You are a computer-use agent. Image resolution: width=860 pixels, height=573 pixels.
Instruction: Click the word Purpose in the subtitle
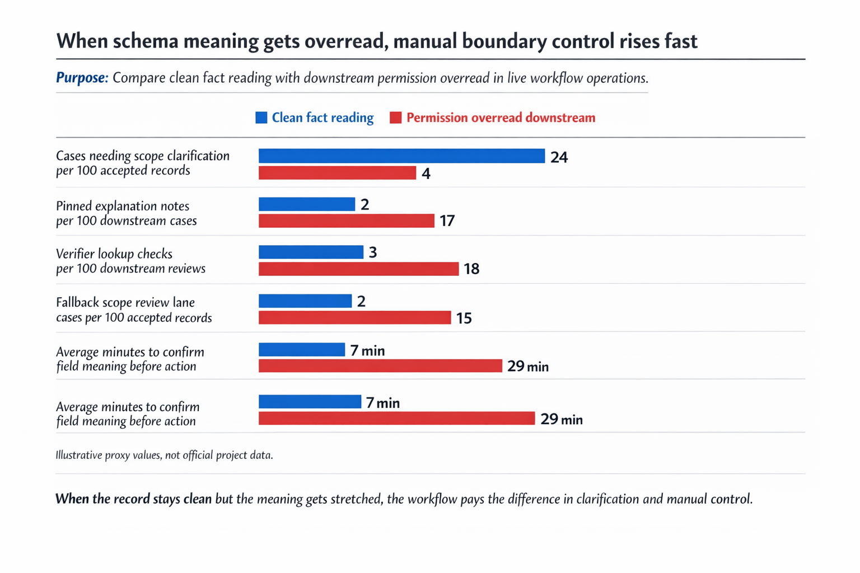coord(82,78)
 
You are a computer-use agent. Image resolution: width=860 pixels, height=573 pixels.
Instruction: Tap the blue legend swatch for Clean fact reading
coord(261,118)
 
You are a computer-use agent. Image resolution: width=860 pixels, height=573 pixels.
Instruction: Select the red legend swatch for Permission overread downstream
coord(396,118)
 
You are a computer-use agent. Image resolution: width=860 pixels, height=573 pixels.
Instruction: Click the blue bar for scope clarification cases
coord(401,156)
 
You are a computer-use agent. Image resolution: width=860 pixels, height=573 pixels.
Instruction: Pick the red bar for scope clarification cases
coord(337,173)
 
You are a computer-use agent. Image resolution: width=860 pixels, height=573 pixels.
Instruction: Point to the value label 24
coord(559,157)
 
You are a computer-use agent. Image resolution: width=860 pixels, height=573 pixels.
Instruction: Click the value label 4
coord(426,174)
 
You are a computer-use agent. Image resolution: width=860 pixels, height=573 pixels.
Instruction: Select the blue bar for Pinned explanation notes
coord(307,204)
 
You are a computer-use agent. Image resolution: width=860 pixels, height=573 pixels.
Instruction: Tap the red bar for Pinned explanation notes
coord(346,221)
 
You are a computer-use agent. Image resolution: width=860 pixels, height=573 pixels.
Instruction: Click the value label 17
coord(447,221)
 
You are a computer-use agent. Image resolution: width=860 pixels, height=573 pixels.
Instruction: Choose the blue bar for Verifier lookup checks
coord(311,252)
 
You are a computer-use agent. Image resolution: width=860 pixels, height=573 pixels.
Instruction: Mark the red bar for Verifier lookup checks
coord(358,269)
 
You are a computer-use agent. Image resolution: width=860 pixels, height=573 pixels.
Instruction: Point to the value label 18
coord(471,269)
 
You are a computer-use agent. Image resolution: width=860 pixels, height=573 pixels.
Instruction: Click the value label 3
coord(373,253)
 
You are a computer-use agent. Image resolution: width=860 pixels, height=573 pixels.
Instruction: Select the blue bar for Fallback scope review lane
coord(305,301)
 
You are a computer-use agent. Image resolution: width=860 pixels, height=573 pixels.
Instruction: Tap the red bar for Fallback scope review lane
coord(354,318)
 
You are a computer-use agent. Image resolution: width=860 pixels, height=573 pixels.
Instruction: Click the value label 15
coord(464,318)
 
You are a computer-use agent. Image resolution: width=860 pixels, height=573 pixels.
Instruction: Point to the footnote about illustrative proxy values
coord(164,455)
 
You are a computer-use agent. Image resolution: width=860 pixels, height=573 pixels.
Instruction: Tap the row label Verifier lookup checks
coord(114,254)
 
